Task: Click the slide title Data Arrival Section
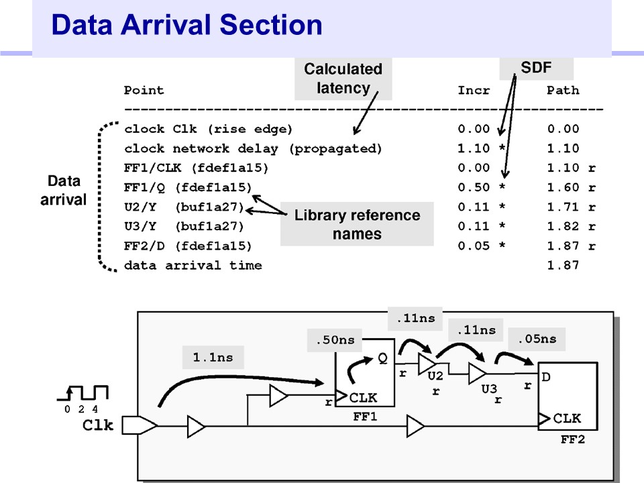[x=186, y=25]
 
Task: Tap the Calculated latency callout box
[x=343, y=78]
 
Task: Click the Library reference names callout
[x=357, y=225]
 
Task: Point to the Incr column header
[x=474, y=90]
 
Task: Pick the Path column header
[x=563, y=90]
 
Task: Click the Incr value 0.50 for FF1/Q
[x=474, y=188]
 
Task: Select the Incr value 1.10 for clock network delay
[x=474, y=149]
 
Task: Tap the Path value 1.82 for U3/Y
[x=563, y=227]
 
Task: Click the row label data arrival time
[x=193, y=266]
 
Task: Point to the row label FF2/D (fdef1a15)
[x=188, y=246]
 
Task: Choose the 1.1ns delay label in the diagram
[x=213, y=358]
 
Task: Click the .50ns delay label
[x=335, y=340]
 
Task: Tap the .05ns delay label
[x=537, y=339]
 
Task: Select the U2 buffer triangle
[x=427, y=364]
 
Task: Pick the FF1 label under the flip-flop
[x=365, y=417]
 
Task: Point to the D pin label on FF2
[x=546, y=377]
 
